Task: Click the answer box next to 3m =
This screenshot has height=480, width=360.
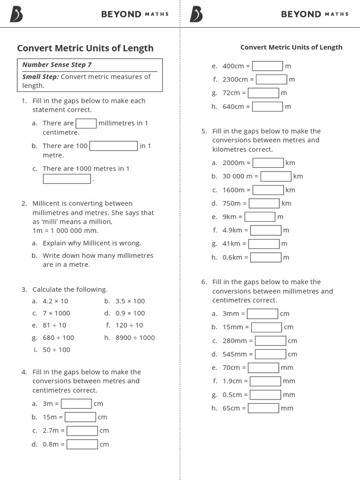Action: click(76, 404)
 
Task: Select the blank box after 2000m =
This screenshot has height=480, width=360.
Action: click(268, 163)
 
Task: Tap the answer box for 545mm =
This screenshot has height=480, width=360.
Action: click(270, 354)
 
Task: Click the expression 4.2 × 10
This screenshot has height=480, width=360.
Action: click(55, 301)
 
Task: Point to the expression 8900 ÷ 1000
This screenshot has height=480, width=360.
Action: click(135, 337)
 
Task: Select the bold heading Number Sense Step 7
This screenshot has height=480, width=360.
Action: click(57, 65)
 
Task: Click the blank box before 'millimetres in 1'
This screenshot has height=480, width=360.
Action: click(86, 123)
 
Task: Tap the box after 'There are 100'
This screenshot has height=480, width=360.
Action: click(113, 146)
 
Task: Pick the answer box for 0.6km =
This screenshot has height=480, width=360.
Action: click(266, 257)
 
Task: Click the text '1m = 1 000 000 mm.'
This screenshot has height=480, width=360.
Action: click(66, 231)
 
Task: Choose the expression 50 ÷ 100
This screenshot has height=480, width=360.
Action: click(56, 350)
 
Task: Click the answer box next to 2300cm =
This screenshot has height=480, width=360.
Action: click(271, 80)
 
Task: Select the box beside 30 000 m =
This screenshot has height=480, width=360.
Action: click(276, 176)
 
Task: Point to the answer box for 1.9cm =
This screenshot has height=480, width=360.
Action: click(265, 381)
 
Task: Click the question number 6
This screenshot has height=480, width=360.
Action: click(204, 282)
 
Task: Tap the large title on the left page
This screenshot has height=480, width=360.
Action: click(85, 48)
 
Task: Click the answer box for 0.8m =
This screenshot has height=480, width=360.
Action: click(82, 444)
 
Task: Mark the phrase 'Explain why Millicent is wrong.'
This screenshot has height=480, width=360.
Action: click(92, 243)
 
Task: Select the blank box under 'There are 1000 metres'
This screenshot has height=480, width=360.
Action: click(67, 179)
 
